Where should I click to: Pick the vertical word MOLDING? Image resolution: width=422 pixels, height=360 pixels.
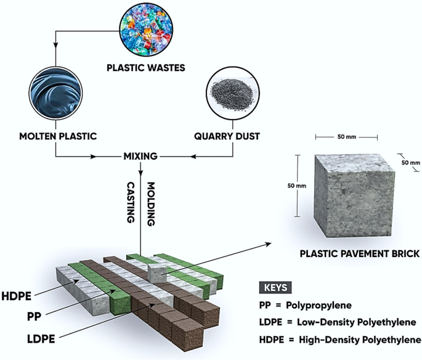pos(151,202)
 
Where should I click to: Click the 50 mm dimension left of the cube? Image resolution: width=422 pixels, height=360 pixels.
pos(296,186)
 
